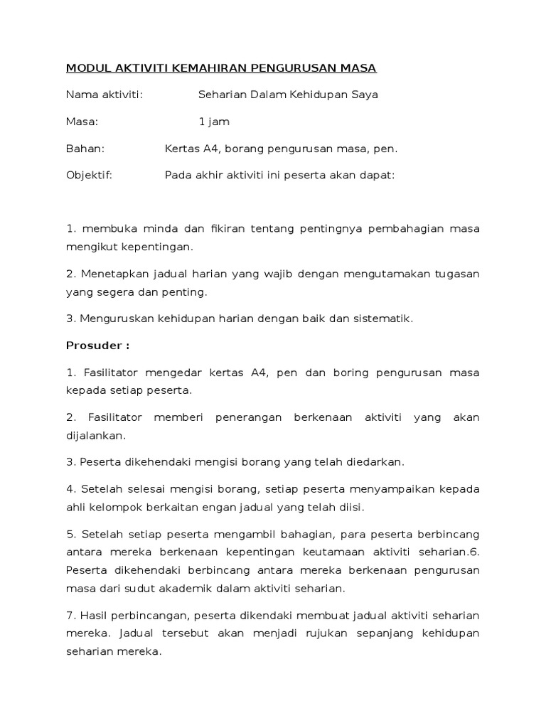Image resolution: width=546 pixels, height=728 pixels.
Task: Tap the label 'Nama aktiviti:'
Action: tap(104, 95)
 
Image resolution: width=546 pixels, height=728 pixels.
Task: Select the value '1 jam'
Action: tap(214, 122)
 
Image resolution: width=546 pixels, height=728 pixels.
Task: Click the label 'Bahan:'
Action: tap(85, 149)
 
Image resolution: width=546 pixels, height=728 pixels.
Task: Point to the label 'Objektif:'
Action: tap(89, 176)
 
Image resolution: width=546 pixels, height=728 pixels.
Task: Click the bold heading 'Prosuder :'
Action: tap(97, 346)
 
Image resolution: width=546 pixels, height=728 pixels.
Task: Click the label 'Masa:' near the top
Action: tap(82, 122)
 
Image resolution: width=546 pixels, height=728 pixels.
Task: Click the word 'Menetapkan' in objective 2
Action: tap(111, 274)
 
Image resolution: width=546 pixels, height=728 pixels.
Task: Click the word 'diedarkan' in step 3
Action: tap(377, 462)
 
